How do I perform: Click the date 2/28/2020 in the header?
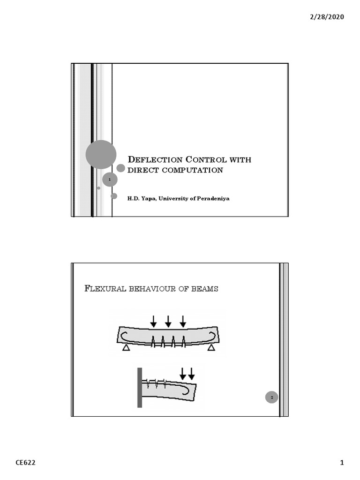tap(326, 17)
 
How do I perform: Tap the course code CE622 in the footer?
tap(25, 463)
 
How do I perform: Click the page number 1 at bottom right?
tap(342, 463)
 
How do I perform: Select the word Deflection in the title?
tap(148, 160)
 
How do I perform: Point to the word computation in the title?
tap(192, 170)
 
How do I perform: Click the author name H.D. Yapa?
tap(142, 198)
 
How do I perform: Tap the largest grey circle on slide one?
tap(101, 154)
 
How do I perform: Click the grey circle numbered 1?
tap(110, 179)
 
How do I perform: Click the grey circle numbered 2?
tap(271, 397)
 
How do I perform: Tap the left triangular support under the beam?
tap(126, 348)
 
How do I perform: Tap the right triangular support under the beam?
tap(211, 348)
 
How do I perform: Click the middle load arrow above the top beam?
tap(168, 321)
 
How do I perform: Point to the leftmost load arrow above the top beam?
tap(153, 321)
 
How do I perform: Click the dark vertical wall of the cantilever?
tap(139, 387)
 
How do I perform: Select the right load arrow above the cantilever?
tap(191, 373)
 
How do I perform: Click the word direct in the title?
tap(143, 170)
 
